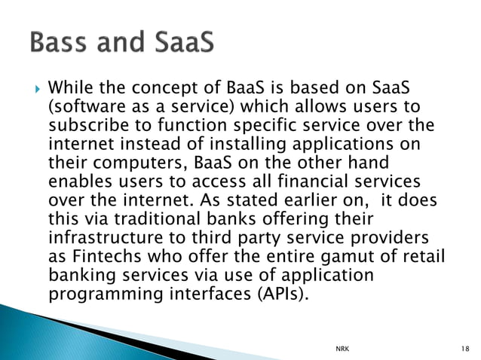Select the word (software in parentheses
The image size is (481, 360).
point(82,108)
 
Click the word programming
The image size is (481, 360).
point(97,293)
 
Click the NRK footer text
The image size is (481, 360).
point(342,349)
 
